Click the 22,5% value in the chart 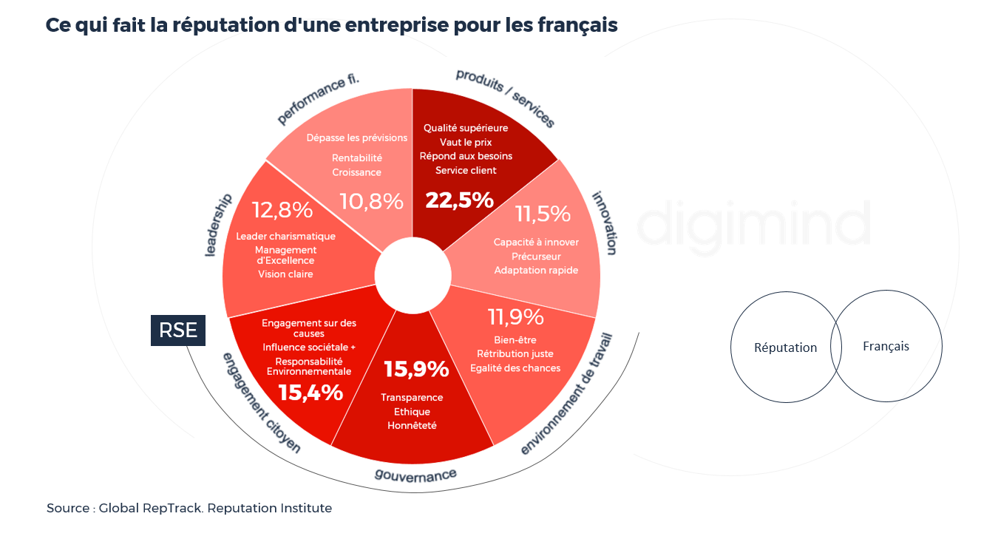[459, 200]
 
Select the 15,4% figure [310, 393]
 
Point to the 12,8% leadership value [282, 210]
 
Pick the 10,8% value [371, 200]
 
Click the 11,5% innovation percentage [543, 214]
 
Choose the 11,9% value [515, 317]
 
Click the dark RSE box [178, 330]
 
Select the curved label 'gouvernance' [415, 474]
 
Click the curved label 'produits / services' [505, 98]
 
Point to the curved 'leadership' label [219, 225]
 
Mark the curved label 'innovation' [603, 223]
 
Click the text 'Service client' [466, 171]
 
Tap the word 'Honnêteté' [412, 426]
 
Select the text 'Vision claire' [285, 274]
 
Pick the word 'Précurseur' [536, 257]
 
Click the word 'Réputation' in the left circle [785, 347]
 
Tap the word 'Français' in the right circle [886, 346]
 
